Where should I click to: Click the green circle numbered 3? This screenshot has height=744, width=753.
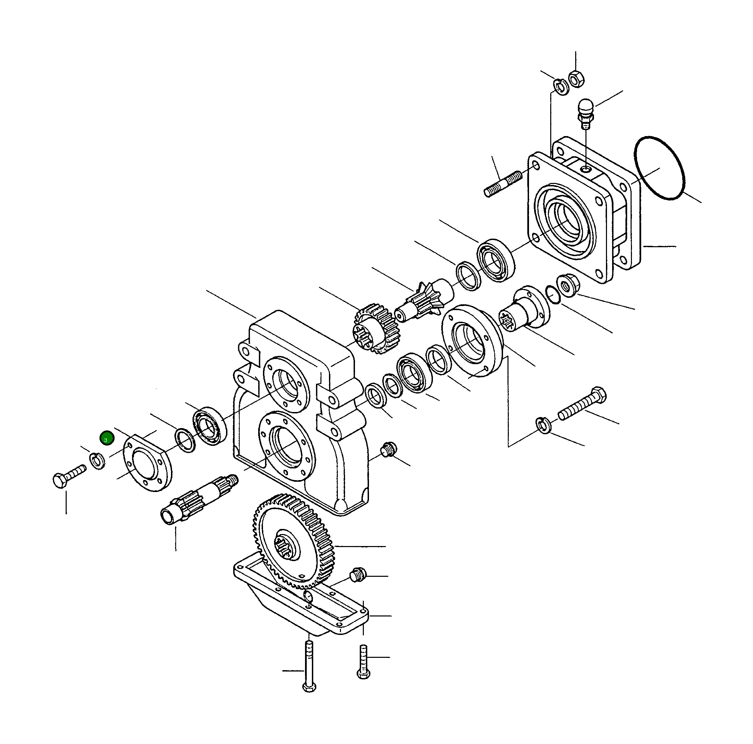pos(106,438)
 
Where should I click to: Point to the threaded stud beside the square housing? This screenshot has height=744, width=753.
pos(503,184)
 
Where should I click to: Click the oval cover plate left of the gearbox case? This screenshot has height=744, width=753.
pos(148,462)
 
